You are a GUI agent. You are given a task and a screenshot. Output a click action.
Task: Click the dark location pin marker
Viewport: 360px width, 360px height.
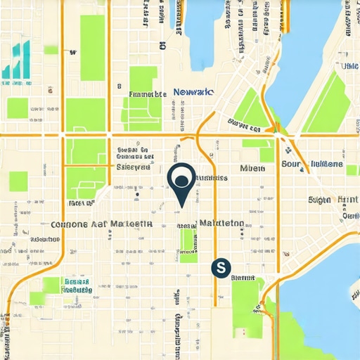click(x=181, y=179)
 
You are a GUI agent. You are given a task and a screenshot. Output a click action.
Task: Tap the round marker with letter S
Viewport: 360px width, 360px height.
click(x=221, y=267)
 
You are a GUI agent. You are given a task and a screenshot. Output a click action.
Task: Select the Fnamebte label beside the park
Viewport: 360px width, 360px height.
click(x=148, y=94)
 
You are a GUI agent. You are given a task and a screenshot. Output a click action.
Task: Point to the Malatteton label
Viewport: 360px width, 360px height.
click(x=221, y=223)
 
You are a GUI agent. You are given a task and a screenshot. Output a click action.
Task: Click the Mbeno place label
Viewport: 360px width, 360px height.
click(x=252, y=168)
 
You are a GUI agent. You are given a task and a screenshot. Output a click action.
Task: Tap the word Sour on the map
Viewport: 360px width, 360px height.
click(x=291, y=164)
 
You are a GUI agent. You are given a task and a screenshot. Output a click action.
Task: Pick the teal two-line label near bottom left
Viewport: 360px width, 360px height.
click(x=76, y=285)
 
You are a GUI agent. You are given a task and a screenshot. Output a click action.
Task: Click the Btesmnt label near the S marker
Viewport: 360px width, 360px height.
click(x=243, y=278)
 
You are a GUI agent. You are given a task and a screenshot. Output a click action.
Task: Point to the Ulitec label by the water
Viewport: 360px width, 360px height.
click(x=349, y=66)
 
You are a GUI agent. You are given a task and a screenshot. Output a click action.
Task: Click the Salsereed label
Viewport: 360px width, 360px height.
click(x=134, y=167)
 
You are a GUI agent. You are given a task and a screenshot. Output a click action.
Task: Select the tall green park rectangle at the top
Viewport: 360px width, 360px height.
click(x=92, y=47)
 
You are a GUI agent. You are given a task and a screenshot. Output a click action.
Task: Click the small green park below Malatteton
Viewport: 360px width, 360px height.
click(x=188, y=243)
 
